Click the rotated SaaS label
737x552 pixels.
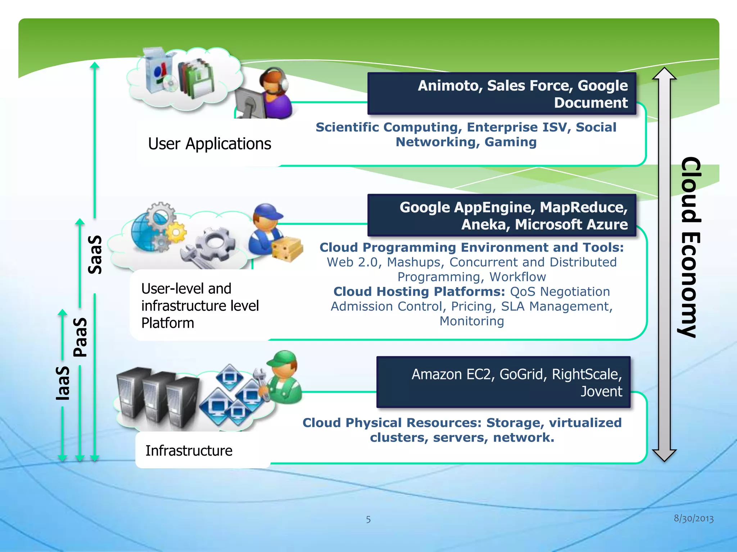point(95,255)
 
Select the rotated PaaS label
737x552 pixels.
point(80,337)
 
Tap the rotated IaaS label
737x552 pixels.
point(63,383)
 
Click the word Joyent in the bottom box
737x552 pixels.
point(601,391)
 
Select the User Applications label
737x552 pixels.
point(209,144)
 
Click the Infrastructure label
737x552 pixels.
point(189,451)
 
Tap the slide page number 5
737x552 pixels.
point(368,519)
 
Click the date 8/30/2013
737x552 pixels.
point(693,518)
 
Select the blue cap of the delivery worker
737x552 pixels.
point(267,212)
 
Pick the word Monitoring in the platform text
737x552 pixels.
point(471,321)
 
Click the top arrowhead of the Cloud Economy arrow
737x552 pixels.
point(664,74)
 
